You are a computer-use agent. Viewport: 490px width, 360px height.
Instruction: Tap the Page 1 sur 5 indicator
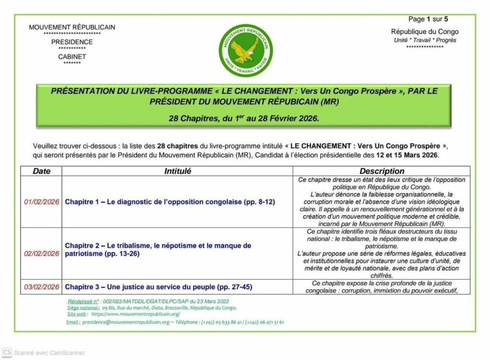(x=428, y=19)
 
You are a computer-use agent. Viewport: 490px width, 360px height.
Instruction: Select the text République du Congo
(x=424, y=32)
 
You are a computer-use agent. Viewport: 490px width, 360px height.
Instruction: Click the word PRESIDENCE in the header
(x=72, y=42)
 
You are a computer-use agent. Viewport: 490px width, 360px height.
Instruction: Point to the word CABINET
(x=72, y=56)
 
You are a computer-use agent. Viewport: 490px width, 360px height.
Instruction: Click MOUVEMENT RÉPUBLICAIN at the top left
(x=72, y=27)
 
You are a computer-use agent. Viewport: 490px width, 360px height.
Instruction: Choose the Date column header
(x=41, y=171)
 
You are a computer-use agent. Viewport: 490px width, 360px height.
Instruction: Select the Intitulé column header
(x=178, y=171)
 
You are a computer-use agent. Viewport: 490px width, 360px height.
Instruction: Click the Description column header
(x=382, y=171)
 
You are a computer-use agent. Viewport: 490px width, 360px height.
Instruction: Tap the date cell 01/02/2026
(x=42, y=202)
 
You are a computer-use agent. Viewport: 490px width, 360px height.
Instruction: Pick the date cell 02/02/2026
(x=42, y=253)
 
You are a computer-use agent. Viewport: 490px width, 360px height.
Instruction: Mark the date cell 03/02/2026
(x=42, y=287)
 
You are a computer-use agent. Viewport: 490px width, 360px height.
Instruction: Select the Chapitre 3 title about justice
(x=158, y=287)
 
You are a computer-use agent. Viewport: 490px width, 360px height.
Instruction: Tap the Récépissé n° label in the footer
(x=84, y=301)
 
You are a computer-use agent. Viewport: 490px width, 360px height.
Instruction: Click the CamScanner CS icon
(x=6, y=353)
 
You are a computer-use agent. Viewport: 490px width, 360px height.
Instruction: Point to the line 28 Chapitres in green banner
(x=244, y=118)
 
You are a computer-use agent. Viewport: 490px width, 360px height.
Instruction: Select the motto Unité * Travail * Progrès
(x=424, y=40)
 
